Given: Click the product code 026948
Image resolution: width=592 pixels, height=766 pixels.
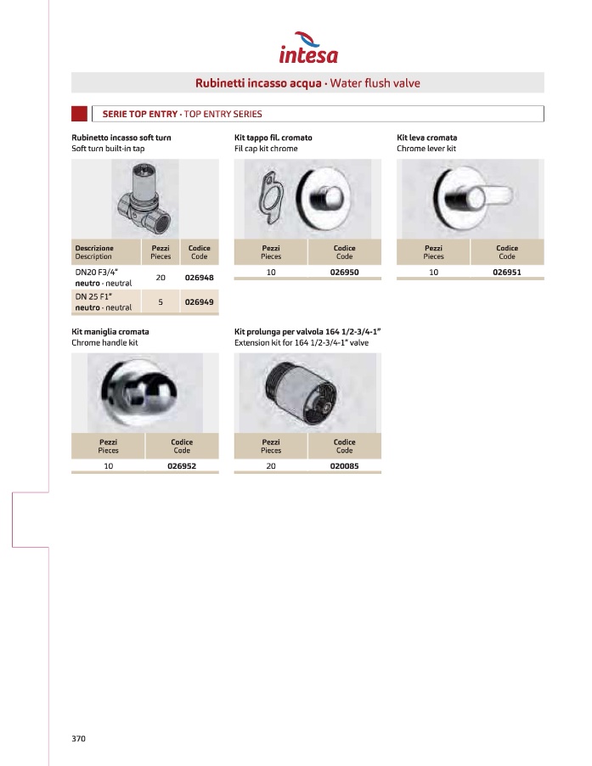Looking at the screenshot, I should [x=199, y=278].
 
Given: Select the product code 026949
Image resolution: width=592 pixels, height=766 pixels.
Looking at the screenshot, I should [x=199, y=301].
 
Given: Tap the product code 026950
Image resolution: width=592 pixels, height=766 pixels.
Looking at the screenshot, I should [x=344, y=273].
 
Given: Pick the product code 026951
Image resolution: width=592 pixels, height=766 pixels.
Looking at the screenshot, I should [x=507, y=273].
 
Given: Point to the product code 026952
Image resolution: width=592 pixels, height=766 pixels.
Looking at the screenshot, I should [x=182, y=466].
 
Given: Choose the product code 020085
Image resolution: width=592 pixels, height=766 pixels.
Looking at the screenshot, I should [x=344, y=466].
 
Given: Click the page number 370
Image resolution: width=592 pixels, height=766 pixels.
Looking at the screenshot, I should [x=79, y=738].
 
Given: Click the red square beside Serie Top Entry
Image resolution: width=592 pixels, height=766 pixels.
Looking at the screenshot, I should [x=80, y=114].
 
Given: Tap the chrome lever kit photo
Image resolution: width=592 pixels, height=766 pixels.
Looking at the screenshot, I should [x=469, y=197].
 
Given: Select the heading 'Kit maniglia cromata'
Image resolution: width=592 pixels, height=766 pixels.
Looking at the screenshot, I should [x=110, y=331].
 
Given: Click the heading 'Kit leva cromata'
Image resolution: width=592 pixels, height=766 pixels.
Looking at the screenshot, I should [x=427, y=137].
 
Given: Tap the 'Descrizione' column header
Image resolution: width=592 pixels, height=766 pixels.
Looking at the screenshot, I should [x=94, y=248].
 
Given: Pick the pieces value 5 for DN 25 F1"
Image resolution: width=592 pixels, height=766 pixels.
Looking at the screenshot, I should [x=161, y=301].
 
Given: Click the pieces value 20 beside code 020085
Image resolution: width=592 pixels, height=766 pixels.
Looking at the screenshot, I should [x=271, y=466].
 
